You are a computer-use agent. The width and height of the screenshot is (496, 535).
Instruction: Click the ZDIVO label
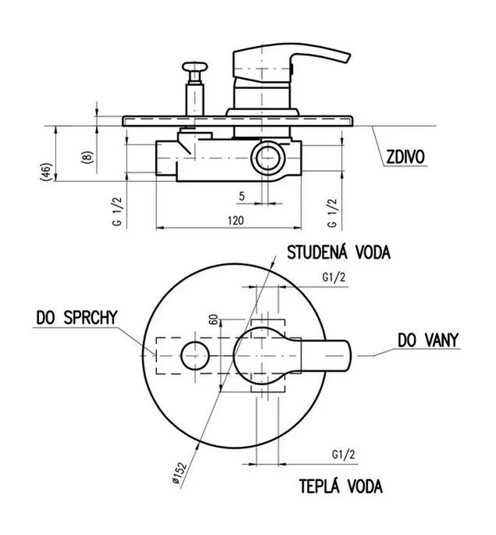tap(405, 157)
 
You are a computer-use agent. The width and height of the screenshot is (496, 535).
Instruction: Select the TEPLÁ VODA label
tap(341, 487)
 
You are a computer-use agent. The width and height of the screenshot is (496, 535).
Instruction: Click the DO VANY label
tap(427, 340)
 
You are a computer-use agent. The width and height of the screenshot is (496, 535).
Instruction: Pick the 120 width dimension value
tap(237, 221)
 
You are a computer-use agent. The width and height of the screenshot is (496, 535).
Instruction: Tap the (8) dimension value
tap(87, 155)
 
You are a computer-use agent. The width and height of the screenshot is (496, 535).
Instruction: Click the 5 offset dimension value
tap(241, 195)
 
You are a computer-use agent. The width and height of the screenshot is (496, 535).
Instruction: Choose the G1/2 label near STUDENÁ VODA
tap(334, 277)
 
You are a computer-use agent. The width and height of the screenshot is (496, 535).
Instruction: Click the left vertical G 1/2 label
tap(117, 212)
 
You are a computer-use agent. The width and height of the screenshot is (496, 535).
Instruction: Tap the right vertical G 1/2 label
tap(333, 212)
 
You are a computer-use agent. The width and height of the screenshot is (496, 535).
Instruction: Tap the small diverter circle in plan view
tap(194, 355)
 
